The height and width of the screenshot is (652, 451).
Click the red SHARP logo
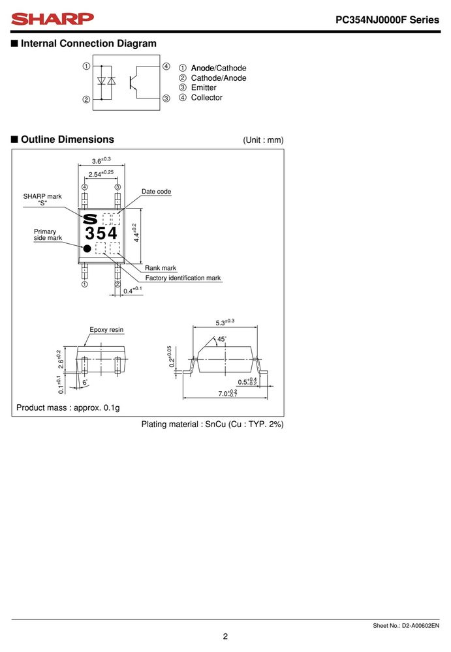tap(52, 19)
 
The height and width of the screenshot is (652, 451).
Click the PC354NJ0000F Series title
tap(387, 20)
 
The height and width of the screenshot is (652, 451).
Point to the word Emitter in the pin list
tap(204, 88)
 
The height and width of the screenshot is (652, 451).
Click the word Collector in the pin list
tap(206, 98)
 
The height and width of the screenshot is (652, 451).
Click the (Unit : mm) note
tap(263, 140)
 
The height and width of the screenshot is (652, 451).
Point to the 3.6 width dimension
tap(101, 160)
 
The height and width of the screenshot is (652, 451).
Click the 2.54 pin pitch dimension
tap(101, 174)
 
